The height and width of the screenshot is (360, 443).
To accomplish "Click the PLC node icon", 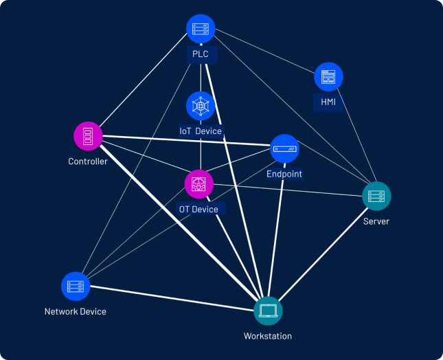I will click(201, 29).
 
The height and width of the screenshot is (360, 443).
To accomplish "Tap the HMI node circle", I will click(328, 77).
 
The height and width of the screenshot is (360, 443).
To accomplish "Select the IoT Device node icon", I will click(201, 106).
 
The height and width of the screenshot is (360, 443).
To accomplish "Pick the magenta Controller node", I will click(88, 135).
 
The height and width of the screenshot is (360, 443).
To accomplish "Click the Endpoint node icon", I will click(284, 148).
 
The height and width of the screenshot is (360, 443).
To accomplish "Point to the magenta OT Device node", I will click(199, 184).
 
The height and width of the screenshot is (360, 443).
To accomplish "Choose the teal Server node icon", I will click(376, 196).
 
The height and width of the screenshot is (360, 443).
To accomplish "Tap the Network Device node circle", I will click(76, 286).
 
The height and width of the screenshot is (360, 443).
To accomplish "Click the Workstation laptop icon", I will click(268, 311).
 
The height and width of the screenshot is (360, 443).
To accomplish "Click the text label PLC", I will click(201, 54).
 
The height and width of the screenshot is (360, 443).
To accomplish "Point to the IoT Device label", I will click(201, 131).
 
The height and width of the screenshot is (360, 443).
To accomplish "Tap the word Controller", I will click(88, 162).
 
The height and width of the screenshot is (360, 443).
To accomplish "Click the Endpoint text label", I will click(284, 175).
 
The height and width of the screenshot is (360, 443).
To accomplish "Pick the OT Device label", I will click(198, 210).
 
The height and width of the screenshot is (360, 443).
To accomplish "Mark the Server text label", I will click(376, 221).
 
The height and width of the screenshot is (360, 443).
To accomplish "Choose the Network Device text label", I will click(76, 312).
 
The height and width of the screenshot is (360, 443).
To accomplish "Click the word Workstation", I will click(268, 337).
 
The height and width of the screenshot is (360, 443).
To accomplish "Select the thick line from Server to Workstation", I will click(323, 254).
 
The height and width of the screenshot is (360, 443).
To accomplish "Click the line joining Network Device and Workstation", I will click(172, 299).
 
